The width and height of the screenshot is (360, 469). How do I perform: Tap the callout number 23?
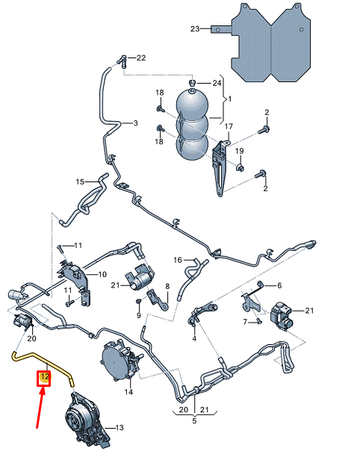pyautogui.click(x=195, y=29)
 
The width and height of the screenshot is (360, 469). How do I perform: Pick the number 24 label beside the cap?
pyautogui.click(x=217, y=82)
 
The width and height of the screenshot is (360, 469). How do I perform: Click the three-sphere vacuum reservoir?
pyautogui.click(x=193, y=123)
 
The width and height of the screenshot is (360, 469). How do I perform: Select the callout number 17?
pyautogui.click(x=229, y=127)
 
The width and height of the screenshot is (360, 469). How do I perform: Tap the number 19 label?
pyautogui.click(x=240, y=152)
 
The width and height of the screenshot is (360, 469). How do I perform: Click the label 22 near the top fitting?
pyautogui.click(x=141, y=58)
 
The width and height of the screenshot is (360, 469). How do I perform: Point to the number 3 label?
pyautogui.click(x=135, y=123)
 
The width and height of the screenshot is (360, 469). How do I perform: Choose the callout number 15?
pyautogui.click(x=80, y=181)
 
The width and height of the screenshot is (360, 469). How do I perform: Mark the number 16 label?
pyautogui.click(x=178, y=260)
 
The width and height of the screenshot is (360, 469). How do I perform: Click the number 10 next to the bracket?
pyautogui.click(x=102, y=274)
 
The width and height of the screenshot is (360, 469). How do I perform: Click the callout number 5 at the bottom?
pyautogui.click(x=194, y=420)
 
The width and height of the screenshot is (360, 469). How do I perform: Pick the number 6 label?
pyautogui.click(x=279, y=286)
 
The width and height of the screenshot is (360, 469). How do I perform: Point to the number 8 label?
pyautogui.click(x=167, y=286)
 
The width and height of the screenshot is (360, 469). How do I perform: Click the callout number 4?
pyautogui.click(x=194, y=338)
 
